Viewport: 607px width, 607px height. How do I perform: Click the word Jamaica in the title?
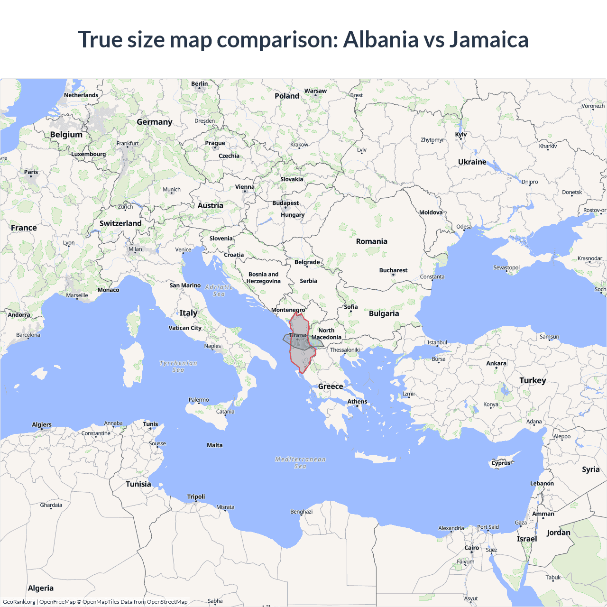pos(489,40)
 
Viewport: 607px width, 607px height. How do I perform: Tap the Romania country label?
pos(371,241)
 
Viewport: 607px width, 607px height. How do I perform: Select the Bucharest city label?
pos(393,270)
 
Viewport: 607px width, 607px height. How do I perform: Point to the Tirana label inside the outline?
pos(297,335)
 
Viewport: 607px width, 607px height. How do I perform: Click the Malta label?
pos(214,445)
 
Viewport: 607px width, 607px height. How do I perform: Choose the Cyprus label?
pos(501,463)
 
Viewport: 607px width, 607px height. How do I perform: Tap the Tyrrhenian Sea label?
pos(178,367)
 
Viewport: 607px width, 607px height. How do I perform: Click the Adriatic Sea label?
pos(219,290)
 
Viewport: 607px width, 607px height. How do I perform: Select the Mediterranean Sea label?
pos(300,462)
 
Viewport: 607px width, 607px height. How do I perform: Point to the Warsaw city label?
pos(315,91)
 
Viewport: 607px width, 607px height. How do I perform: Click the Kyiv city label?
pos(460,135)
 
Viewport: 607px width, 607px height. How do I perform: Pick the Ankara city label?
pos(496,363)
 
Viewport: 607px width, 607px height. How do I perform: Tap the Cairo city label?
pos(471,548)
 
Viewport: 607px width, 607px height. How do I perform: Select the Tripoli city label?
pos(196,497)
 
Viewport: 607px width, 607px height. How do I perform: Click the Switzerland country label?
pos(120,223)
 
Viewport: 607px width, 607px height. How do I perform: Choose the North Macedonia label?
pos(326,334)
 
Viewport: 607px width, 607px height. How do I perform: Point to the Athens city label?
pos(357,402)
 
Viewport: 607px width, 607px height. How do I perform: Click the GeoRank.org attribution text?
pos(19,602)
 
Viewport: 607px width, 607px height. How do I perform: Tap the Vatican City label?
pos(185,328)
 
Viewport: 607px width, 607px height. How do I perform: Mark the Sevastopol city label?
pos(506,268)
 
